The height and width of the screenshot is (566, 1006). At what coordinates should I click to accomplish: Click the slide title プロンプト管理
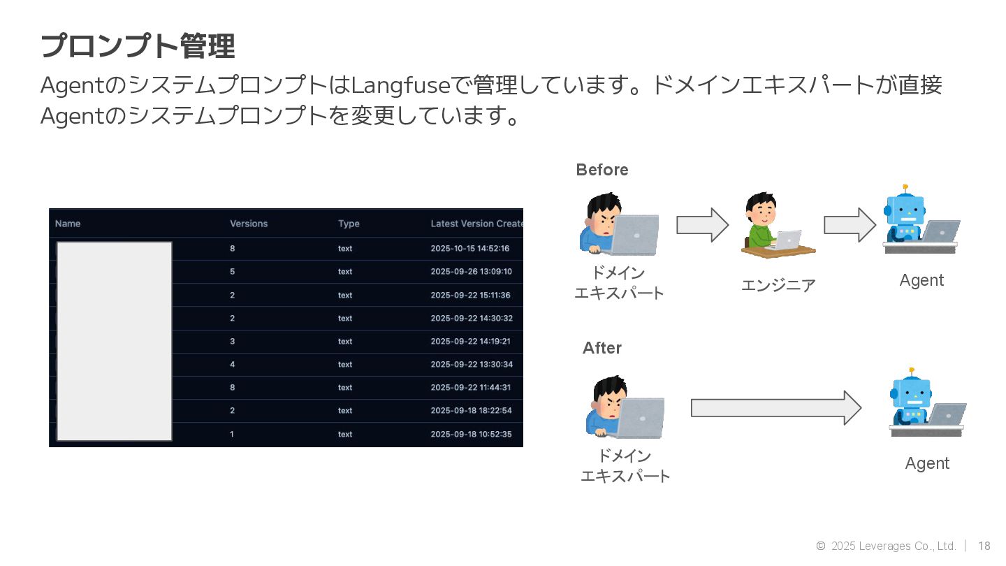tap(138, 46)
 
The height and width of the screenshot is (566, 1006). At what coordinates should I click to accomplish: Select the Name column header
tap(68, 224)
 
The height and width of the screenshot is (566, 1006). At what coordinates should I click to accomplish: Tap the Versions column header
tap(249, 224)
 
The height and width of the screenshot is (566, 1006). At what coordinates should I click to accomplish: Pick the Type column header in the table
tap(349, 224)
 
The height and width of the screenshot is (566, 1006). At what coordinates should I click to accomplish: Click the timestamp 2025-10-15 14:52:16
tap(470, 248)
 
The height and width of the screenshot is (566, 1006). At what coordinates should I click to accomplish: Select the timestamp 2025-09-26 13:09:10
tap(471, 271)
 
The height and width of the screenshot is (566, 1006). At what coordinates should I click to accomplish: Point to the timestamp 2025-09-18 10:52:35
tap(471, 434)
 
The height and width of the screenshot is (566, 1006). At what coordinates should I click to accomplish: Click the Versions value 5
tap(233, 271)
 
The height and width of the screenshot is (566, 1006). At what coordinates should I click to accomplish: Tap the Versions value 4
tap(233, 364)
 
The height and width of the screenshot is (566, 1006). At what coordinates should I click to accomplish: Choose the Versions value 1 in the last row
tap(232, 434)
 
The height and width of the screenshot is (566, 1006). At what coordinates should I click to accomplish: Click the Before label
tap(602, 170)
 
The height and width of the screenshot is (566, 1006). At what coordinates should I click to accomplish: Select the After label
tap(602, 348)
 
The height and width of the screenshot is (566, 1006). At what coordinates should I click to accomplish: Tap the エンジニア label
tap(778, 285)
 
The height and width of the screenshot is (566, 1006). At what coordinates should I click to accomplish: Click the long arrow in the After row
tap(775, 407)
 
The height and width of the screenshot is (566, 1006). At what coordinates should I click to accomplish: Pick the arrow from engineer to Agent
tap(850, 225)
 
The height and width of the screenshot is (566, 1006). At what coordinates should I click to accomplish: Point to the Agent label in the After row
tap(927, 463)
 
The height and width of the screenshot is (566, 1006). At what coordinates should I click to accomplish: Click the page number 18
tap(984, 546)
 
